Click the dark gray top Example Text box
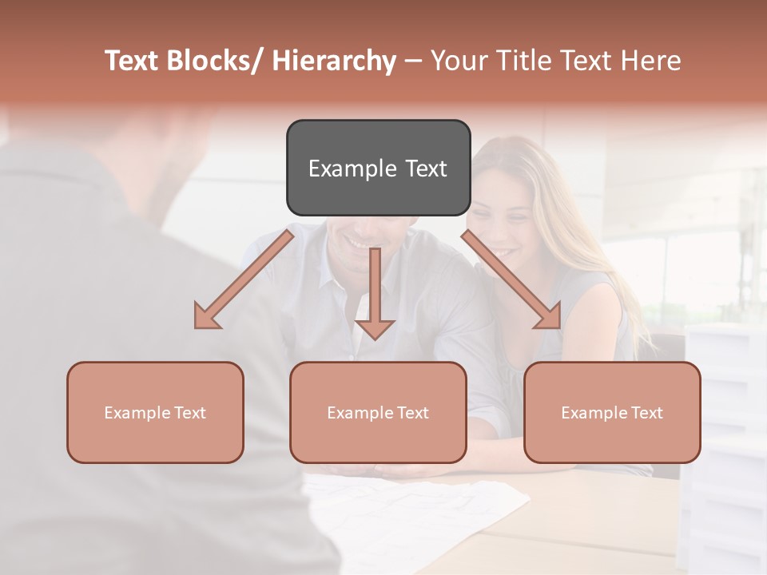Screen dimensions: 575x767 (x=378, y=168)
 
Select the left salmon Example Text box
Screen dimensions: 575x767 (x=155, y=412)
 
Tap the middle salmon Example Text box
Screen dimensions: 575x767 (x=378, y=412)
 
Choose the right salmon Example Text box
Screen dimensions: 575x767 (x=612, y=412)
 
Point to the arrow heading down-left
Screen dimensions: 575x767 (x=244, y=280)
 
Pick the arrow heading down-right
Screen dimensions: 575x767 (x=511, y=280)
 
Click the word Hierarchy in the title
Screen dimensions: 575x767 (x=334, y=61)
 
